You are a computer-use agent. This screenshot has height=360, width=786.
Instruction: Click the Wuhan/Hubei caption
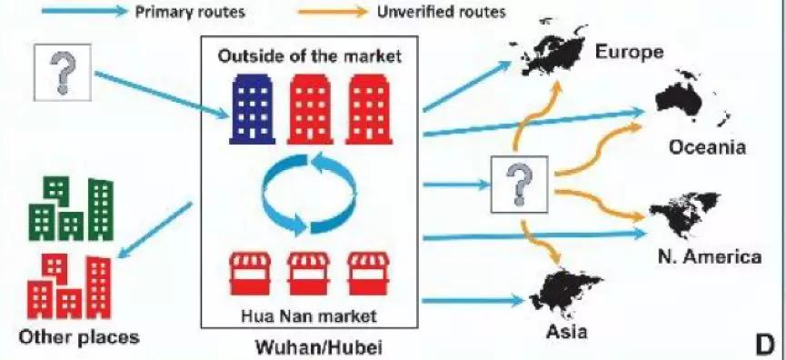(307, 345)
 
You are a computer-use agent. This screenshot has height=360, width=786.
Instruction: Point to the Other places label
(80, 336)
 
